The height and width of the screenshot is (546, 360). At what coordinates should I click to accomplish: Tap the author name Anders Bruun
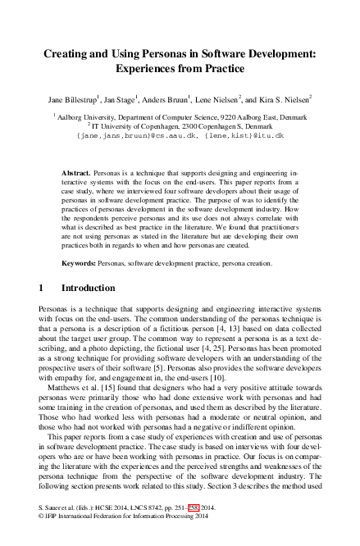coord(173,101)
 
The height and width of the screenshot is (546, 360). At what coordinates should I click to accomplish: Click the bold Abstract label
coord(77,175)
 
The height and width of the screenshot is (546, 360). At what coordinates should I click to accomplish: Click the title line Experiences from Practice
coord(179,71)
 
